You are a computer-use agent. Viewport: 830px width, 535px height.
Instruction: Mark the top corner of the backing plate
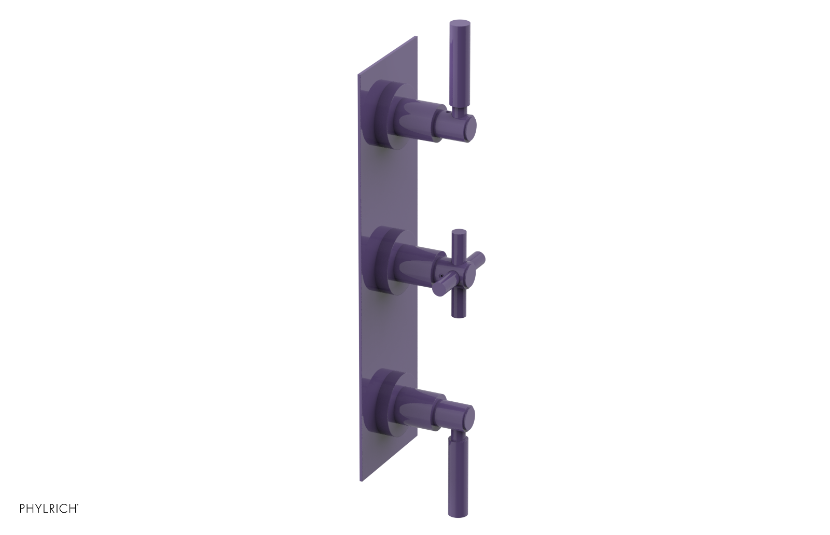(416, 37)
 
